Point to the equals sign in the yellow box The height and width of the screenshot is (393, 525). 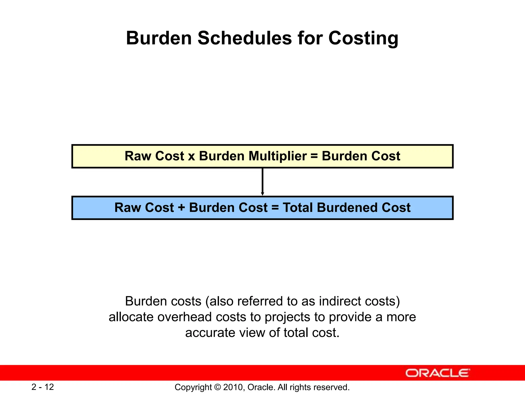(x=314, y=156)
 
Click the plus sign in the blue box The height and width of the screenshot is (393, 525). (x=181, y=208)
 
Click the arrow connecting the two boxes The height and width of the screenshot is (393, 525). (x=262, y=182)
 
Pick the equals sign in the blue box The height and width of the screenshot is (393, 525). (x=275, y=208)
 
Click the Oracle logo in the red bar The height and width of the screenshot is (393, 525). (x=437, y=373)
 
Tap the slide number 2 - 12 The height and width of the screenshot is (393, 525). (x=43, y=387)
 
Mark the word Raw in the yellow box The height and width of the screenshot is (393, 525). (x=138, y=156)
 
